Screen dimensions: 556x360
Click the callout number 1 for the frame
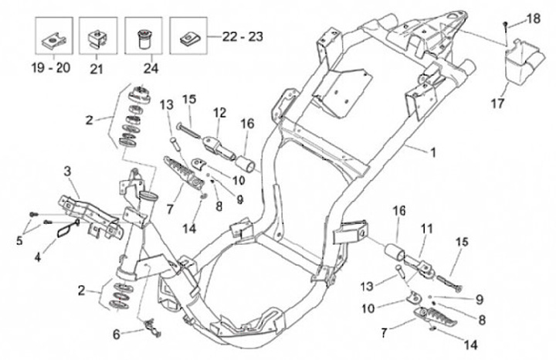tap(432, 152)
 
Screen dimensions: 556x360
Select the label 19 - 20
tap(51, 67)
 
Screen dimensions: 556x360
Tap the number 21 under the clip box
tap(96, 69)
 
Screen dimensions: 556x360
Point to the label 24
tap(151, 68)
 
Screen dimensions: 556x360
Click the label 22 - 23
tap(242, 36)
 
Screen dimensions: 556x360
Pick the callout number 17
tap(497, 104)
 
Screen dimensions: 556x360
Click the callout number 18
tap(534, 18)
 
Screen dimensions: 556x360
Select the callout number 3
tap(67, 172)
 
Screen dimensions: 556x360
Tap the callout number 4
tap(38, 256)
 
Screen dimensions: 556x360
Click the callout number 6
tap(117, 334)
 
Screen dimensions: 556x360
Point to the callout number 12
tap(219, 113)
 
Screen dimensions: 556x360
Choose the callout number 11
tap(426, 229)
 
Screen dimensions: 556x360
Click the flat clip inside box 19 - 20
tap(53, 40)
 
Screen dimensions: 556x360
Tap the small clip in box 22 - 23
tap(189, 39)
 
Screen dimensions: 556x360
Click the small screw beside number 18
tap(505, 25)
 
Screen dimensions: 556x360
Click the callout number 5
tap(19, 240)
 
